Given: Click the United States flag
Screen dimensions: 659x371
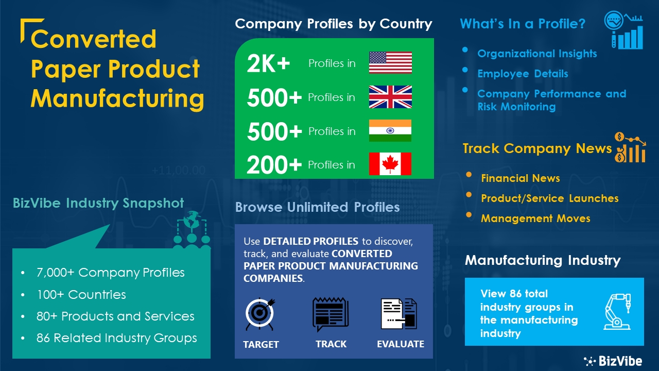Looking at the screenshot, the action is pos(390,63).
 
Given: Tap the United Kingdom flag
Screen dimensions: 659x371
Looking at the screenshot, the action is pos(390,97).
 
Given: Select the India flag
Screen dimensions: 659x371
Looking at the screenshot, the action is pos(390,130).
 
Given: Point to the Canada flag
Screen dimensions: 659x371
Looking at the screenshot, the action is pos(390,164).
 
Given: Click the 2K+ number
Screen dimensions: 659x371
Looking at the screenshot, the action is pos(268,63).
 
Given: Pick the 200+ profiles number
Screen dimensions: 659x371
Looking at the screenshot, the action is pos(274,165).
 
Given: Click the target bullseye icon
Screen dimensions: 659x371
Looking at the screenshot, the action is pos(260,314).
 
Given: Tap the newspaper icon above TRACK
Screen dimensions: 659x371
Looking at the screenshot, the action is pos(331,314).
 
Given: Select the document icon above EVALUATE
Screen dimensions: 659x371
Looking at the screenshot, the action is pos(399,314).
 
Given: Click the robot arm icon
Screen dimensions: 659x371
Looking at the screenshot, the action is pos(617,312).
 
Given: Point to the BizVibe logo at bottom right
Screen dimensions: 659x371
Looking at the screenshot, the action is pos(613,361).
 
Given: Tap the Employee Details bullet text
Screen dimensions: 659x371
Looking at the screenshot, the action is pos(523,74).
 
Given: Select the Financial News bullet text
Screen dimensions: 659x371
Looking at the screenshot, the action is pos(520,178).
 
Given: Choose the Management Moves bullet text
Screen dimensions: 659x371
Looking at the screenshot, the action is pos(535,218).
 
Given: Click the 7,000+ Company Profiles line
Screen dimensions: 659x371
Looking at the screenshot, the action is pos(110,273).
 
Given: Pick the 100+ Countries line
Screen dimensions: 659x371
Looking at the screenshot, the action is pos(81,294).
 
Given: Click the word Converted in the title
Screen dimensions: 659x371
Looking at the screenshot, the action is pos(93,39).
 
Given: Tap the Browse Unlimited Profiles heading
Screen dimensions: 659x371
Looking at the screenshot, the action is pos(318,207).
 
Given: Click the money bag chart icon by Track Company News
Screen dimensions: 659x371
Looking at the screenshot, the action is pos(630,147).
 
